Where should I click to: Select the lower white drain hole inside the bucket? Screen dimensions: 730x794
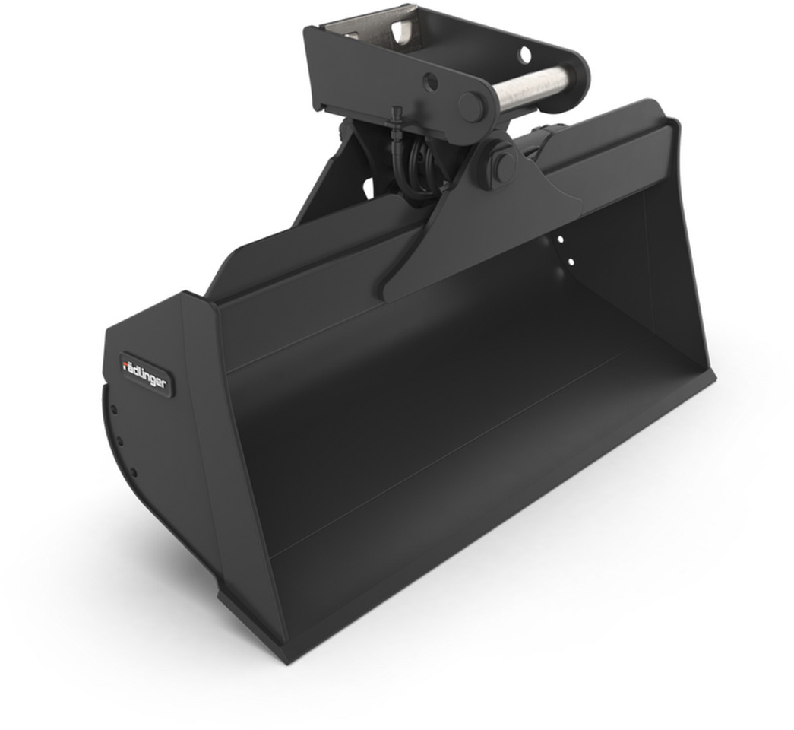(x=569, y=262)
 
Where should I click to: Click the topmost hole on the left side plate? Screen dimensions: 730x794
(x=112, y=410)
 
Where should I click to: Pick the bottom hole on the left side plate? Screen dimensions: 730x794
(x=134, y=472)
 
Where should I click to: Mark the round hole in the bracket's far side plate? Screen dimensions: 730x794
(x=524, y=52)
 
